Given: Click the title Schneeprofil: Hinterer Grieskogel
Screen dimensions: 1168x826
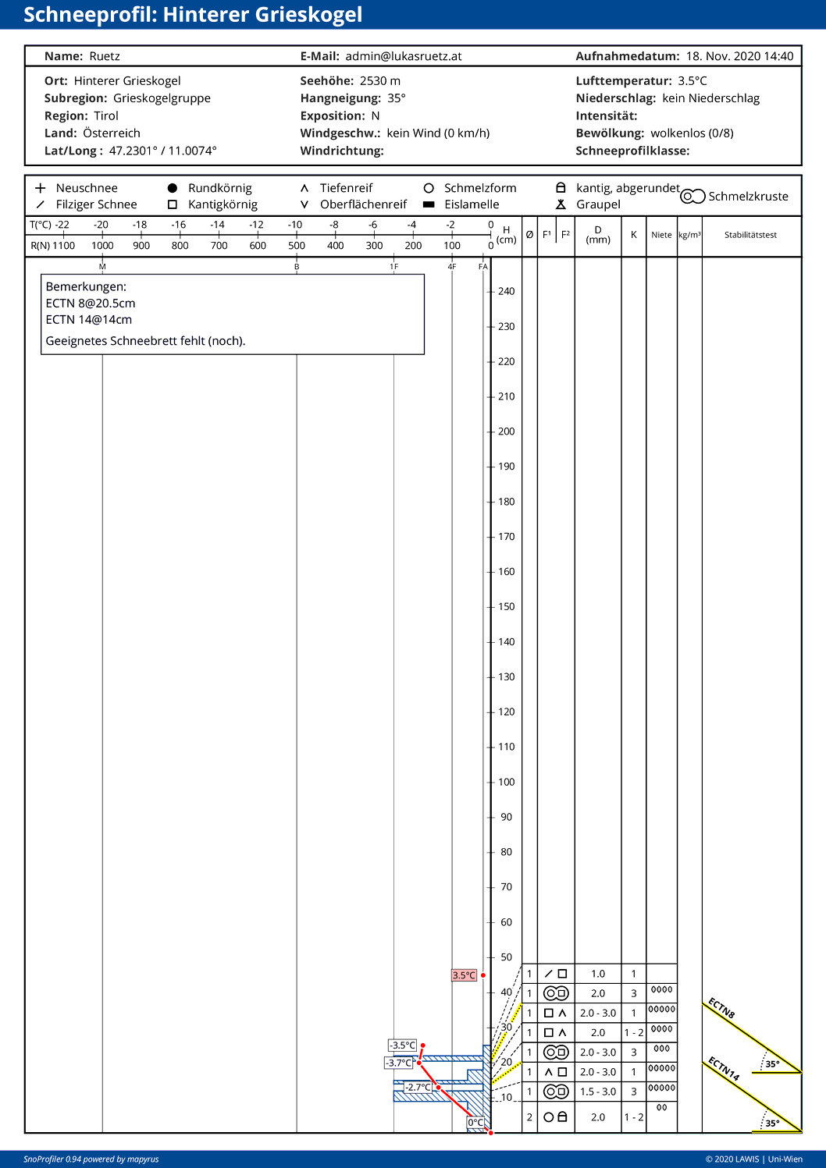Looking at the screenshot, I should tap(193, 15).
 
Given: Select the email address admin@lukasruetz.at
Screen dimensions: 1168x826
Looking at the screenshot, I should tap(404, 56).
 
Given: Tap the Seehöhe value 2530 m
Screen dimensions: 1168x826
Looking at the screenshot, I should tap(380, 81).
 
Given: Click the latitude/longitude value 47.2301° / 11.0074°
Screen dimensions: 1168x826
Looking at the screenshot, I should tap(163, 151).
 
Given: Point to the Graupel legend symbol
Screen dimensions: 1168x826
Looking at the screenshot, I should tap(561, 204).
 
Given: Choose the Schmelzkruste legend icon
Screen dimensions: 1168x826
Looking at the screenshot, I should tap(692, 197).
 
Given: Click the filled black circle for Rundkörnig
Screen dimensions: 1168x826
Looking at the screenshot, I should tap(173, 188).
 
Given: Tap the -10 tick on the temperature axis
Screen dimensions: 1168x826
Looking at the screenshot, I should tap(295, 225).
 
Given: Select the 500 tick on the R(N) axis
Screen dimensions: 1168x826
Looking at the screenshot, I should tap(297, 246).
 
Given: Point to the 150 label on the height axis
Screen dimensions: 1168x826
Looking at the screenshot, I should tap(507, 606).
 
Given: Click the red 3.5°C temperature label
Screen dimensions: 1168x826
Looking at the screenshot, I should tap(464, 975).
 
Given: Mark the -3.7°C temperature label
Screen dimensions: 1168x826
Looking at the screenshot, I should tap(400, 1063).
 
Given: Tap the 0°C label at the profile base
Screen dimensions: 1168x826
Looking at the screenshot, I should tap(475, 1123).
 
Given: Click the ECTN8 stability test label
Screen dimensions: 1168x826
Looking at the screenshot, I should tap(721, 1008).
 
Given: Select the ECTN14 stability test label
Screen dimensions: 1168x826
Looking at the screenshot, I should tap(724, 1068).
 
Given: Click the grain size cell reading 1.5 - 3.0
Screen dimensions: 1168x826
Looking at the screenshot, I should tap(598, 1092).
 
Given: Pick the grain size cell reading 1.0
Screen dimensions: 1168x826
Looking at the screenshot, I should tap(598, 974).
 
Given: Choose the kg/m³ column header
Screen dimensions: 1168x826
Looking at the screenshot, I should tap(689, 235).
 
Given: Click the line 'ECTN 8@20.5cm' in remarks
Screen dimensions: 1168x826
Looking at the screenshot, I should tap(91, 304).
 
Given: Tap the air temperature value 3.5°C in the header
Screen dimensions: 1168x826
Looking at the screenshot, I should tap(692, 81).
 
